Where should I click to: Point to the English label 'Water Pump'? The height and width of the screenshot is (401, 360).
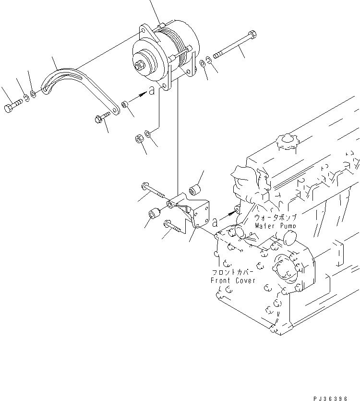[x=275, y=225]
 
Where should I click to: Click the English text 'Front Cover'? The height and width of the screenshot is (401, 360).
[x=233, y=280]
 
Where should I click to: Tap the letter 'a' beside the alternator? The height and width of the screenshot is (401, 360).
[x=152, y=91]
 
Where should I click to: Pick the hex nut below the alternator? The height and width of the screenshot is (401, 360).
[x=138, y=139]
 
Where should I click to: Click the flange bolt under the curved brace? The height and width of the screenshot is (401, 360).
[x=102, y=117]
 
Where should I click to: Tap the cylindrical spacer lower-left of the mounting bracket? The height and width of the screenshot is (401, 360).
[x=154, y=211]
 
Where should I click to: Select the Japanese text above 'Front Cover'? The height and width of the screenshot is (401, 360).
[x=233, y=272]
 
